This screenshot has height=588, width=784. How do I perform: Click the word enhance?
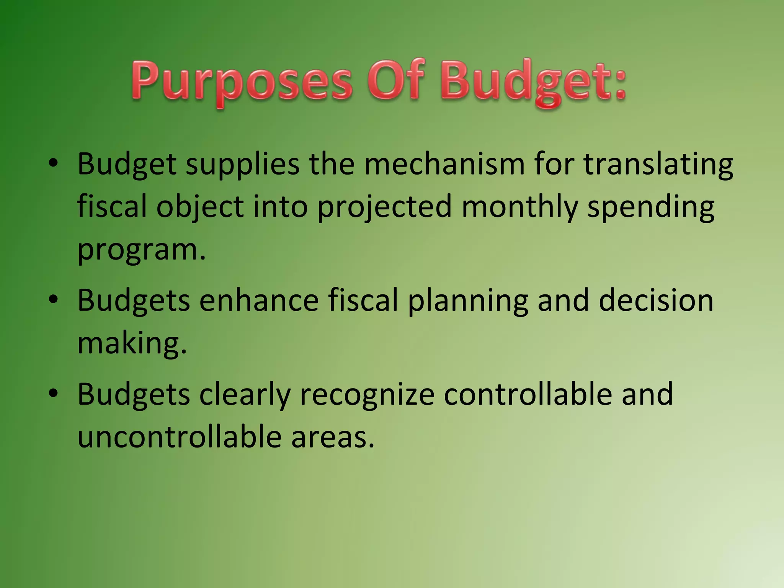click(259, 300)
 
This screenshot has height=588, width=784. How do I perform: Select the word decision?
click(656, 300)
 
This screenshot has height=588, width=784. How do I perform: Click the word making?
click(132, 344)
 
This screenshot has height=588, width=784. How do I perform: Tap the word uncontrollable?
click(180, 437)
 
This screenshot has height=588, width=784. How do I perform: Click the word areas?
click(332, 438)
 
